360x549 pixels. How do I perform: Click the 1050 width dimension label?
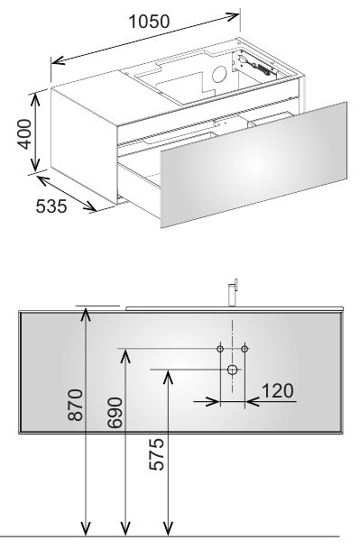click(x=150, y=22)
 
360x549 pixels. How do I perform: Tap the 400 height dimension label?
click(x=25, y=134)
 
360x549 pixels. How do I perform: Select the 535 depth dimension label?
click(x=51, y=206)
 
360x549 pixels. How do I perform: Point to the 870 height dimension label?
click(x=76, y=405)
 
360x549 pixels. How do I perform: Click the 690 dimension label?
click(x=115, y=413)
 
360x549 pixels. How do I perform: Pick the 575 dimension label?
click(x=156, y=453)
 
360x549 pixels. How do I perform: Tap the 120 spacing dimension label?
click(x=277, y=390)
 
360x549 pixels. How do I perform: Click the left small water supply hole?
click(x=220, y=349)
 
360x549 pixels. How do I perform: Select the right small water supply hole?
click(x=245, y=349)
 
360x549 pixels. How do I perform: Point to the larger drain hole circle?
click(x=233, y=370)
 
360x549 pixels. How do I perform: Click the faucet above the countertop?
click(x=233, y=293)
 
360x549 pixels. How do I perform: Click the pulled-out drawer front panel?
click(x=254, y=165)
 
